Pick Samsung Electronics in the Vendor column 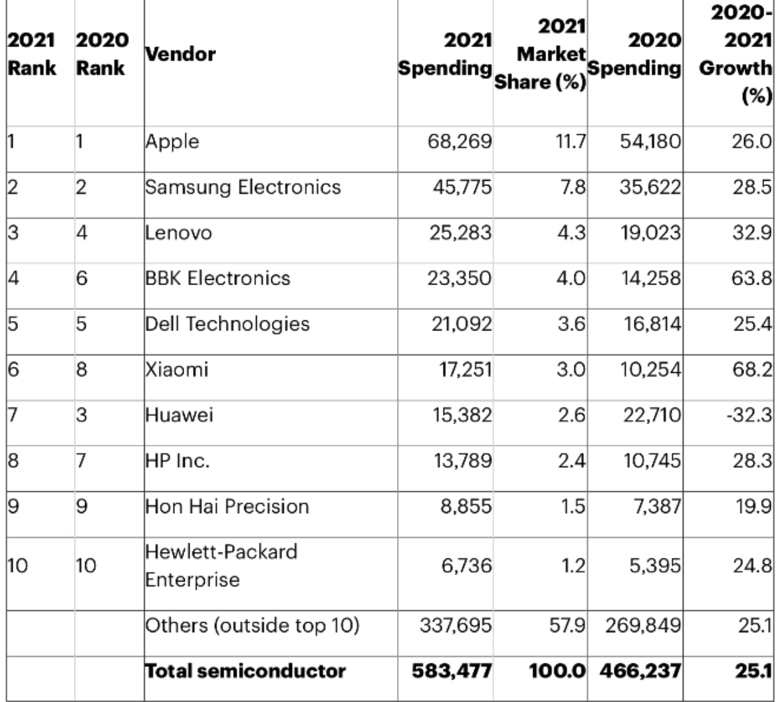tap(243, 187)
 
